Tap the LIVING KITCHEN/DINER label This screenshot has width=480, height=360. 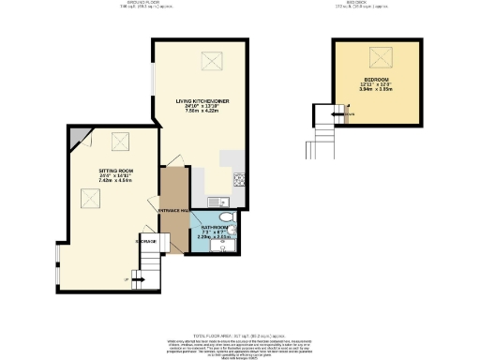pos(198,99)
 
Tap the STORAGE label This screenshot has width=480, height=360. pos(146,241)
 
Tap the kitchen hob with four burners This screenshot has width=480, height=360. pos(239,177)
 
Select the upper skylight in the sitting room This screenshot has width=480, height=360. pos(119,142)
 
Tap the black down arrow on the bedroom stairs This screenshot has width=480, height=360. pos(346,114)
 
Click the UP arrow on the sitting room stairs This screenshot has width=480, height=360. pos(127,278)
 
